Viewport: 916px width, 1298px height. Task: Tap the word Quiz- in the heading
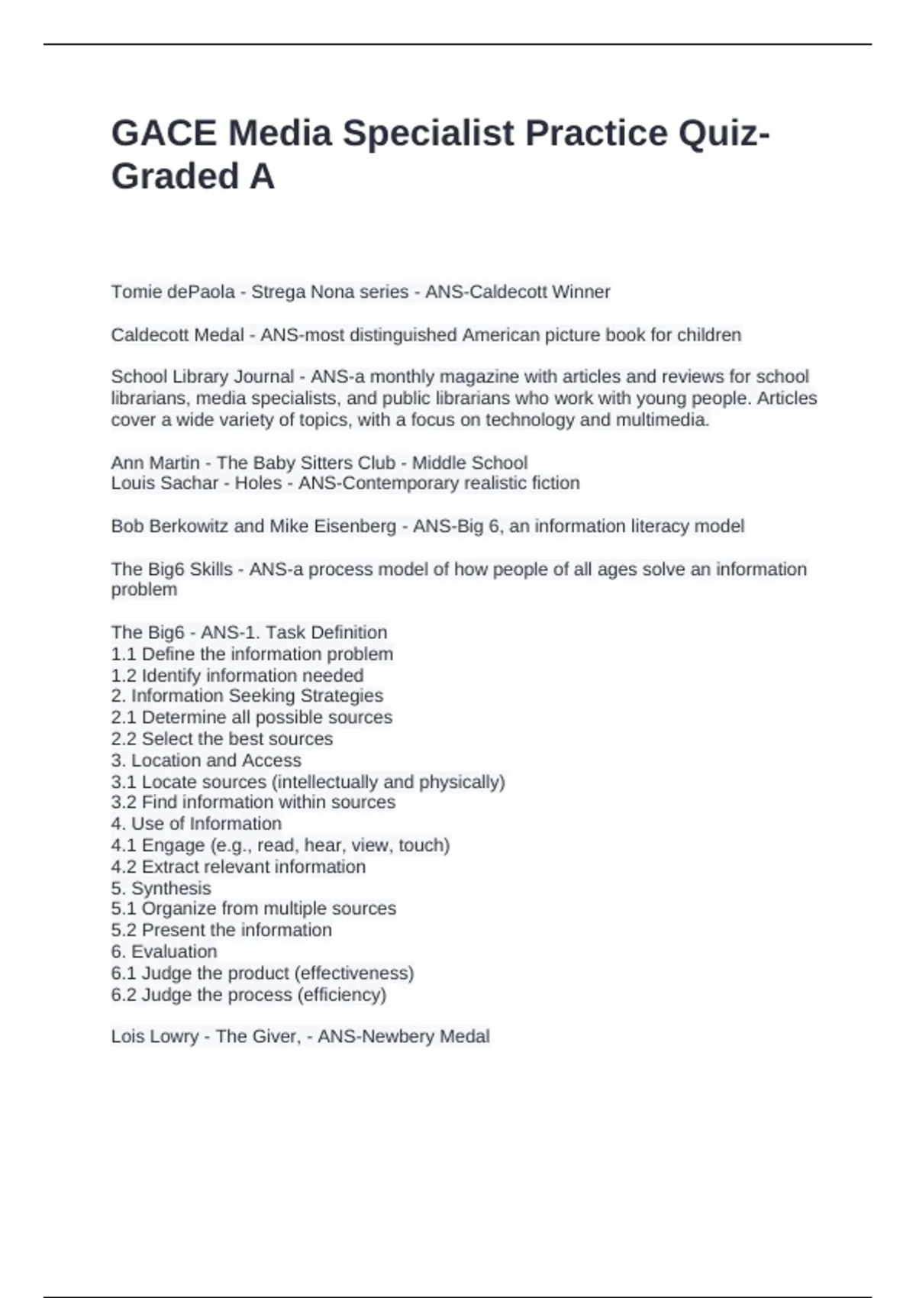(x=724, y=134)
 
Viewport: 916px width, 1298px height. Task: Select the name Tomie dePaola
(x=173, y=292)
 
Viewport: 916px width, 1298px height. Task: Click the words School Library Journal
(x=202, y=376)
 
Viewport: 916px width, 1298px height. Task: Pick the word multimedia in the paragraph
(x=664, y=419)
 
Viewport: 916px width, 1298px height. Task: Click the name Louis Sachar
(x=165, y=483)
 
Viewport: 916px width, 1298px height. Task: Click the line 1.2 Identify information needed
(x=237, y=676)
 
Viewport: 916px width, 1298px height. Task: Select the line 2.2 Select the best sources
(x=222, y=738)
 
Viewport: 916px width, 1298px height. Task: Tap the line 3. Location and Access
(x=206, y=760)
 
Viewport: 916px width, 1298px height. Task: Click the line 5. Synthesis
(x=161, y=888)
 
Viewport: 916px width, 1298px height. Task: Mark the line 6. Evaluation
(x=164, y=951)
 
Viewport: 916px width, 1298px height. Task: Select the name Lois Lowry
(x=155, y=1036)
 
